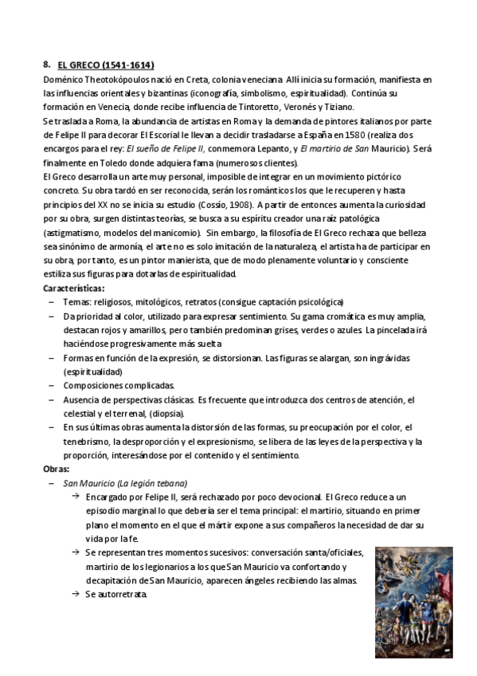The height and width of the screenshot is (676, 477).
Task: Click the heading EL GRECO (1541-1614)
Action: (x=106, y=65)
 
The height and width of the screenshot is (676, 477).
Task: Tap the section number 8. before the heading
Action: (x=48, y=65)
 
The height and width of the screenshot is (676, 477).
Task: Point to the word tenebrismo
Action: (x=85, y=442)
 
